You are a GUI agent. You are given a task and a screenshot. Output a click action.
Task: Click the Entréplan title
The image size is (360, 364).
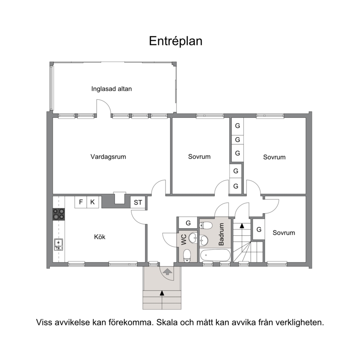(x=175, y=41)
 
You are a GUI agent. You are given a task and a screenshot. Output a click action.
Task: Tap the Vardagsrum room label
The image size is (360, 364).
(x=108, y=157)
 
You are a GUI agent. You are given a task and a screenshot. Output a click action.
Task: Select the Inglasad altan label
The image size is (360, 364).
(x=112, y=89)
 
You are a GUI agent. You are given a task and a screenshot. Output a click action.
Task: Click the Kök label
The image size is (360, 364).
(x=99, y=237)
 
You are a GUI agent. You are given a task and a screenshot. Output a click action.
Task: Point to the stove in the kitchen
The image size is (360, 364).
(x=58, y=214)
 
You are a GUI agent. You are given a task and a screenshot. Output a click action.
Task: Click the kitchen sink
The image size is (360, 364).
(x=58, y=245)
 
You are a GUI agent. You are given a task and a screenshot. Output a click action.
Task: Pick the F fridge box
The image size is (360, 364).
(x=81, y=202)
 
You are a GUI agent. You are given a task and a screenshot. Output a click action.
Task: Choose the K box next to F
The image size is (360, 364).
(x=93, y=202)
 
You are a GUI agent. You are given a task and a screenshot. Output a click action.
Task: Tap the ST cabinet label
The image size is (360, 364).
(x=138, y=202)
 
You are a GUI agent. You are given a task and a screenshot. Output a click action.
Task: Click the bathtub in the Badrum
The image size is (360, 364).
(x=215, y=255)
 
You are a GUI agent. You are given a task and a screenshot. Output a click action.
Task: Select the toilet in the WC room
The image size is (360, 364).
(x=187, y=256)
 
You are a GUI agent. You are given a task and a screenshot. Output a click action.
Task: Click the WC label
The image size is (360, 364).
(x=184, y=239)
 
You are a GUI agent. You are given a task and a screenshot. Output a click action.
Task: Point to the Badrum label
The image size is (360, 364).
(x=221, y=234)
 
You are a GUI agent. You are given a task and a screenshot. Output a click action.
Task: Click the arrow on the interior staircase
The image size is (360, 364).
(x=242, y=225)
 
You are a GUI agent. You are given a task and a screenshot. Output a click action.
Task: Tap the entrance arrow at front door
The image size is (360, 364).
(x=167, y=271)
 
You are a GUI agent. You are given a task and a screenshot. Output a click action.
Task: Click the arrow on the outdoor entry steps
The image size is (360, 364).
(x=162, y=293)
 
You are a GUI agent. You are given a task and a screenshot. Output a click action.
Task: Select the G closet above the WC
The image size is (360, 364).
(x=188, y=223)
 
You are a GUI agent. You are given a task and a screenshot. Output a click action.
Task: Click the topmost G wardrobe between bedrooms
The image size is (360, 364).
(x=238, y=126)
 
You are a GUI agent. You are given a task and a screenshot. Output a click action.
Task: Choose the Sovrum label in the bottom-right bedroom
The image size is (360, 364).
(x=283, y=233)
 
